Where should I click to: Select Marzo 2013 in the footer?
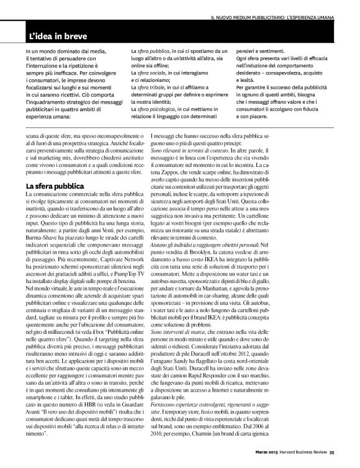coord(255,460)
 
